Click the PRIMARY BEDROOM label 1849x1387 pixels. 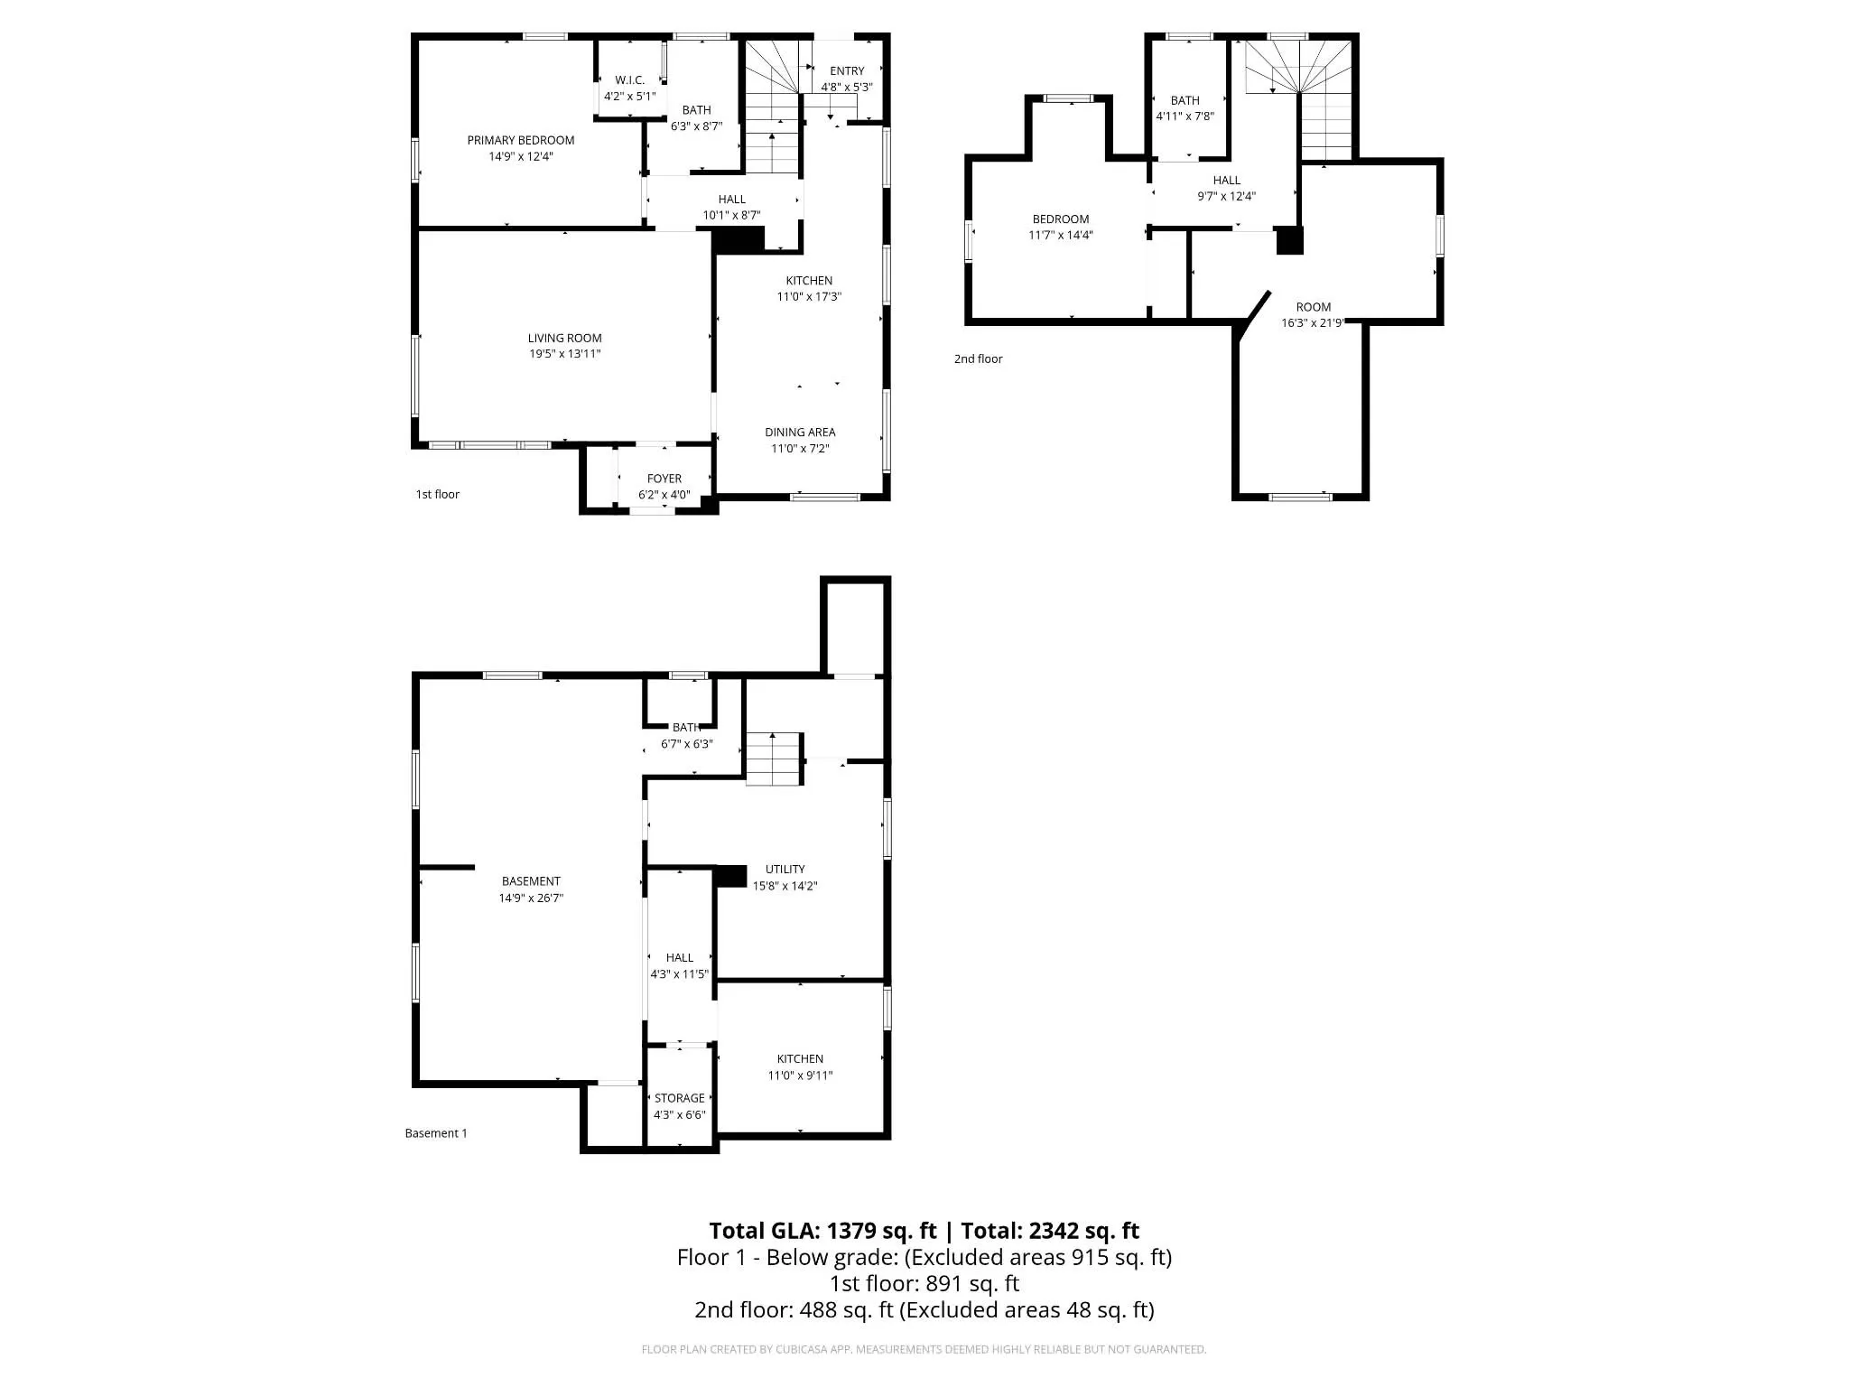[x=520, y=140]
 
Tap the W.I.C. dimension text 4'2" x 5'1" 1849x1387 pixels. [x=629, y=96]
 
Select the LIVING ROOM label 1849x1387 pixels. [x=564, y=338]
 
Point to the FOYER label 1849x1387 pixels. [x=664, y=479]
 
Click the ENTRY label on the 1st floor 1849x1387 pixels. [x=846, y=70]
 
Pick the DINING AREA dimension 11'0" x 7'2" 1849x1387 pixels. [x=799, y=449]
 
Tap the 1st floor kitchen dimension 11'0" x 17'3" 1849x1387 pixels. [x=809, y=296]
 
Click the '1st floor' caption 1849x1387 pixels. [x=437, y=494]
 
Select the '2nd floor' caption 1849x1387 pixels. [x=978, y=358]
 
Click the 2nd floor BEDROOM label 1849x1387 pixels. [x=1060, y=219]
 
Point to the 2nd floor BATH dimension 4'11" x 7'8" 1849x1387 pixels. [x=1185, y=116]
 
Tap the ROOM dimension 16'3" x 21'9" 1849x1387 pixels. [x=1313, y=323]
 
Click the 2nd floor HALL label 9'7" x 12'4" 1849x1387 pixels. [x=1226, y=180]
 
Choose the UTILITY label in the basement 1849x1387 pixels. [x=785, y=869]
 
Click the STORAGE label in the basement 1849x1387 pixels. [x=679, y=1098]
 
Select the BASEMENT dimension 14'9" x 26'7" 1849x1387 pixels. [x=531, y=898]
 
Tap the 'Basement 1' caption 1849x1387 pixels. [x=436, y=1133]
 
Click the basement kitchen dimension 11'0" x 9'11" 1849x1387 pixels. [x=800, y=1075]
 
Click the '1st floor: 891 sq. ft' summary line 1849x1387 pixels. [x=924, y=1283]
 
